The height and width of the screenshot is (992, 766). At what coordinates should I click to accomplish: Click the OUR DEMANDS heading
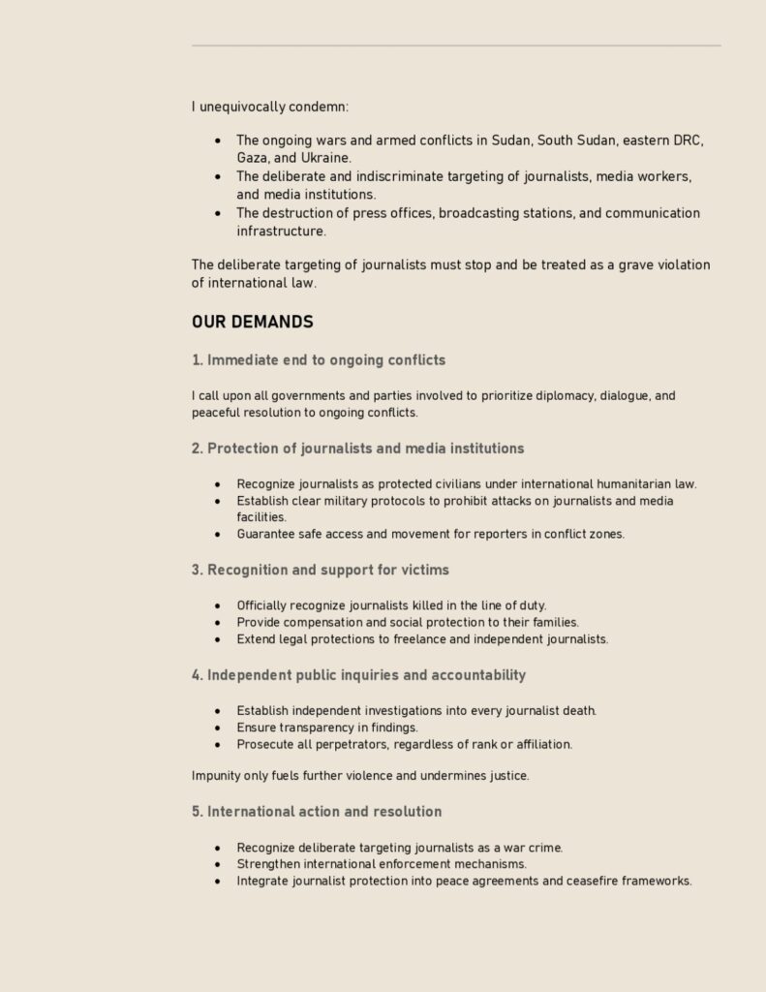252,322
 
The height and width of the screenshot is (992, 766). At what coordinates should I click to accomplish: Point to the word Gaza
253,157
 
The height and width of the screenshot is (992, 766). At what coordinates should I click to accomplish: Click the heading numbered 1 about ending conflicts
319,360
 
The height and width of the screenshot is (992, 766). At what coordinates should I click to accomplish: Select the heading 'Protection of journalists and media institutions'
357,449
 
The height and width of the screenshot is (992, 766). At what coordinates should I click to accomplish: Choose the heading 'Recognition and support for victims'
320,570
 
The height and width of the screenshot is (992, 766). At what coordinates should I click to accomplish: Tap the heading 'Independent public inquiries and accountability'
358,675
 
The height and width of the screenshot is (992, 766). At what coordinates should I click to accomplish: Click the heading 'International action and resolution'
317,812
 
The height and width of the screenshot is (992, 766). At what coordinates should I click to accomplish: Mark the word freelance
411,639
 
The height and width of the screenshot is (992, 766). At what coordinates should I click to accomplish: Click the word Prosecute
266,745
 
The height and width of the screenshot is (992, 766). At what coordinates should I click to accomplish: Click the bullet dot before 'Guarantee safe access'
217,535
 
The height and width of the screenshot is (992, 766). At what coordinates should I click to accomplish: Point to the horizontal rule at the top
455,46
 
